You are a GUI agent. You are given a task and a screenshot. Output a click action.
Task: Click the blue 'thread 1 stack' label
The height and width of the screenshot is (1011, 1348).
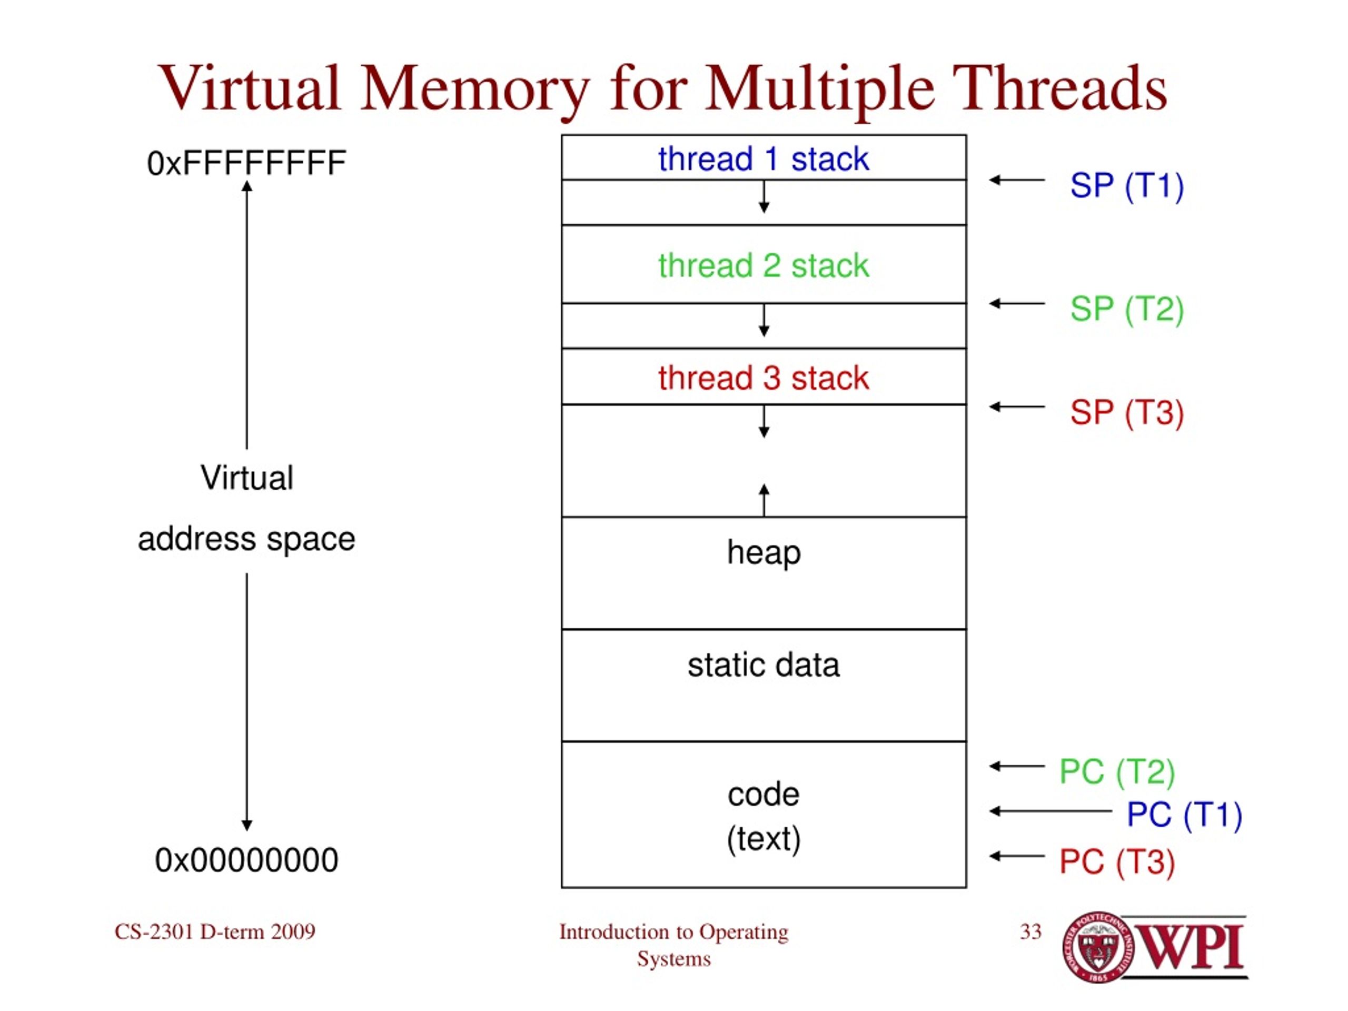(763, 159)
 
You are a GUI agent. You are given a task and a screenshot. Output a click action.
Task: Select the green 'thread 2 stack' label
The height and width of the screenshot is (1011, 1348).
(763, 266)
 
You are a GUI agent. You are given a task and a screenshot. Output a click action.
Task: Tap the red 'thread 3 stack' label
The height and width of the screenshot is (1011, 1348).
(763, 378)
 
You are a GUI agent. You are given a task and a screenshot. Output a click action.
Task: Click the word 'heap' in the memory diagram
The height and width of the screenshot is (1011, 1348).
(764, 553)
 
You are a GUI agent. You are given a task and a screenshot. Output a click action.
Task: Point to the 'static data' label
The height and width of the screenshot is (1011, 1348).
(764, 665)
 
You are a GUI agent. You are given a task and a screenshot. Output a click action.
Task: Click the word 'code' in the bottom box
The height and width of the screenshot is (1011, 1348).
(764, 795)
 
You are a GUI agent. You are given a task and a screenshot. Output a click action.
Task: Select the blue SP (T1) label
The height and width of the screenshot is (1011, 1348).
(1127, 186)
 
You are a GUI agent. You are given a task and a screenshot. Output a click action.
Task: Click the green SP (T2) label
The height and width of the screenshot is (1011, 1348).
(1127, 309)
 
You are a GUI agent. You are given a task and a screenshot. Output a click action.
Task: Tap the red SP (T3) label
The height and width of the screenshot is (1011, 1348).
(1127, 413)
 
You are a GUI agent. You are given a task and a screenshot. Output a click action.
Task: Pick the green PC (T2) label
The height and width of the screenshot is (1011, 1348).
(1117, 772)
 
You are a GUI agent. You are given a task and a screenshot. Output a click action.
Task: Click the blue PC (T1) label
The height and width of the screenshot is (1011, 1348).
(1184, 815)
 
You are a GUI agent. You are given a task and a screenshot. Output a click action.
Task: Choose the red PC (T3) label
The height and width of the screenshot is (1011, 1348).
(1117, 863)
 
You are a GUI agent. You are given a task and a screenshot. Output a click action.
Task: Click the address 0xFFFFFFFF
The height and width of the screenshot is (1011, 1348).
(246, 163)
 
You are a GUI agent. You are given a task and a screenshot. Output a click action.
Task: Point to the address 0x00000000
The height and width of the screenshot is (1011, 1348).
(246, 860)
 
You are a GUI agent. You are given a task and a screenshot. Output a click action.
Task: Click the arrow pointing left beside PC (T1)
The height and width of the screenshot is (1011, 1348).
(1050, 811)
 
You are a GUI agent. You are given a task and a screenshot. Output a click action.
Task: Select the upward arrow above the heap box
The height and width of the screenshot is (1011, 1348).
(764, 500)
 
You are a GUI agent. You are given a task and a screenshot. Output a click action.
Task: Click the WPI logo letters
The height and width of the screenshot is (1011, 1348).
(1191, 947)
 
